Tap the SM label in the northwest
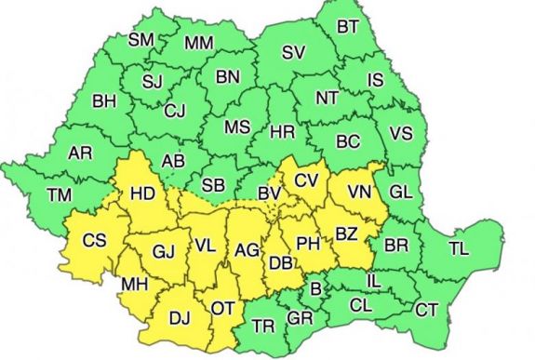pyautogui.click(x=141, y=40)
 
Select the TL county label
pyautogui.click(x=459, y=248)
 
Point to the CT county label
pyautogui.click(x=427, y=308)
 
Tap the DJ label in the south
pyautogui.click(x=180, y=318)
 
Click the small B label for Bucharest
pyautogui.click(x=315, y=289)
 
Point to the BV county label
pyautogui.click(x=270, y=193)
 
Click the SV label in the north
pyautogui.click(x=294, y=51)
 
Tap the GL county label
pyautogui.click(x=401, y=192)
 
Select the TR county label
pyautogui.click(x=264, y=326)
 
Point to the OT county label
pyautogui.click(x=222, y=306)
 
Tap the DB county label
pyautogui.click(x=280, y=262)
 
